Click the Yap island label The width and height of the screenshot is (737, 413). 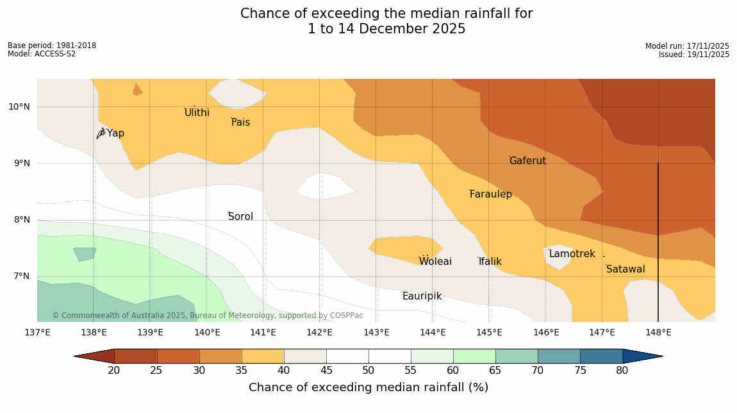point(115,133)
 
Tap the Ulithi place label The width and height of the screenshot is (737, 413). point(197,113)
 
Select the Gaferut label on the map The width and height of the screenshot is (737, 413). point(527,161)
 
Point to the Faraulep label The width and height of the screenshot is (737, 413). point(491,194)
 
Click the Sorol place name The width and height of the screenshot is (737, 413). point(240,217)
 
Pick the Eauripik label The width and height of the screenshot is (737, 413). point(422,296)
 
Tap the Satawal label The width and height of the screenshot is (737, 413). point(625,269)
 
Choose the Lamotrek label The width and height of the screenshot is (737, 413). point(572,254)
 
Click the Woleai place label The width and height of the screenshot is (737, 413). point(435,262)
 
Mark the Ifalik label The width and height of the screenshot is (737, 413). point(490,262)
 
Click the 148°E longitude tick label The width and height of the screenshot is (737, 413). point(658,332)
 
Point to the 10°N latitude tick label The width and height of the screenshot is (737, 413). point(19,106)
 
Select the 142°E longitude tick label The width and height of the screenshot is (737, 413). point(319,332)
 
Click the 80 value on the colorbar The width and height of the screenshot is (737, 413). point(622,371)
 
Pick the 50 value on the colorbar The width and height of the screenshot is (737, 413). point(369,371)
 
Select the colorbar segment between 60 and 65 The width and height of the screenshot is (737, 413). point(474,357)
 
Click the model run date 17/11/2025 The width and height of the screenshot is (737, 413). point(708,46)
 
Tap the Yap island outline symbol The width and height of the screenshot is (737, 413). point(101,133)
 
